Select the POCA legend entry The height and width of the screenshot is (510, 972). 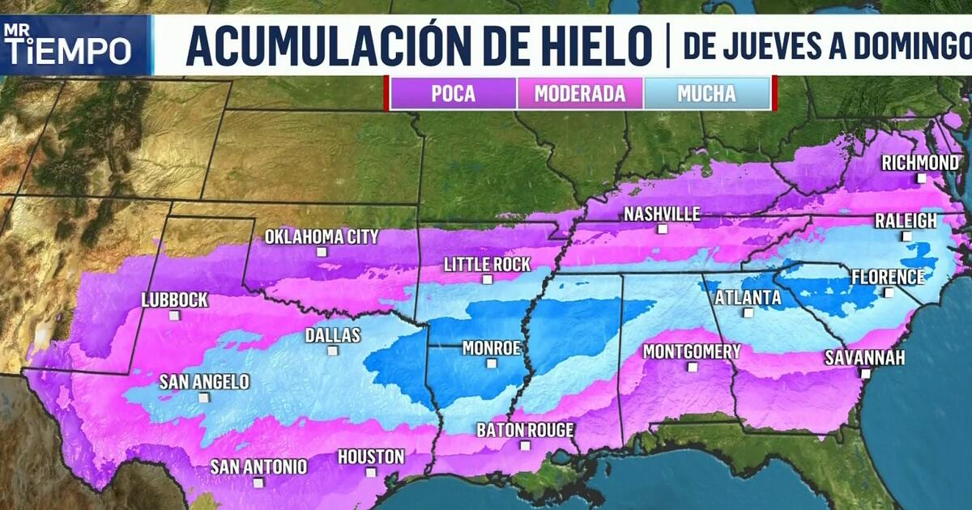[x=453, y=93]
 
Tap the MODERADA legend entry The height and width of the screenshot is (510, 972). [x=580, y=93]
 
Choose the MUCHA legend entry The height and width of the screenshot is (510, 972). [x=706, y=93]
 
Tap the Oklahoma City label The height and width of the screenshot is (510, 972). [x=322, y=237]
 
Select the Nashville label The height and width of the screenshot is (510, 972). [x=662, y=215]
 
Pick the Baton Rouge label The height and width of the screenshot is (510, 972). [x=525, y=430]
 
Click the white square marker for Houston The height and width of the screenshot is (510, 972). [x=371, y=472]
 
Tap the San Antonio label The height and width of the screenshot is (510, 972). [x=259, y=466]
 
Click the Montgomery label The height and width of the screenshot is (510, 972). [x=692, y=351]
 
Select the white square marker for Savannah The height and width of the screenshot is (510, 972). [x=865, y=374]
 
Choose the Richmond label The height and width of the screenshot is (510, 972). [x=920, y=163]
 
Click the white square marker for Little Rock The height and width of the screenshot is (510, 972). [x=487, y=280]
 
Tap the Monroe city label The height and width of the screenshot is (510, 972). [x=490, y=348]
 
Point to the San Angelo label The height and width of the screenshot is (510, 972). [x=204, y=382]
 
